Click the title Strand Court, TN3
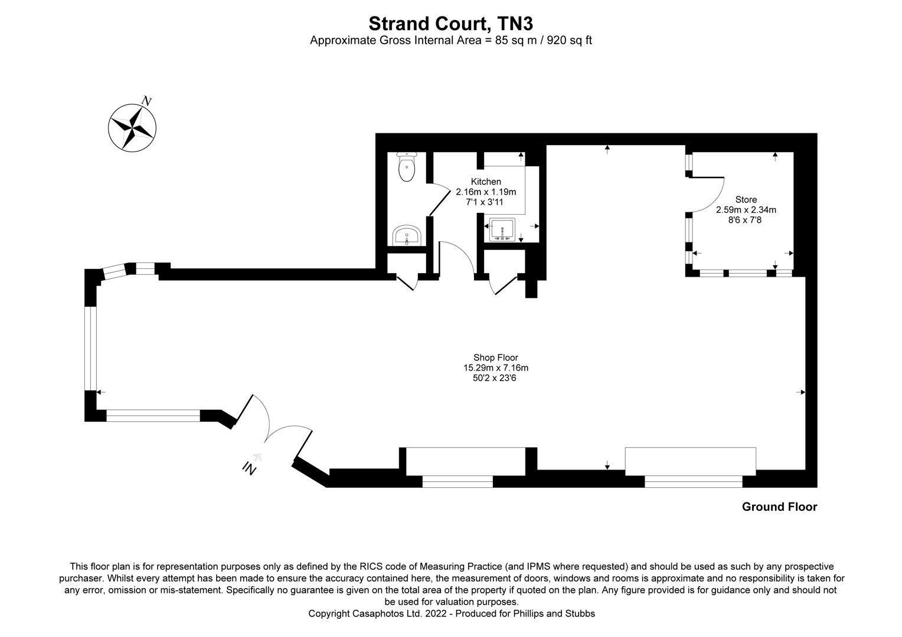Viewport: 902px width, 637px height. (450, 24)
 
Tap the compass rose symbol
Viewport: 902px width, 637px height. (132, 128)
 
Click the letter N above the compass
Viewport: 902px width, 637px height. (147, 101)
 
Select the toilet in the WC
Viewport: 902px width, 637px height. (407, 166)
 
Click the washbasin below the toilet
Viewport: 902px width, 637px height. (407, 235)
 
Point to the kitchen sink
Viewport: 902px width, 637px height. (502, 230)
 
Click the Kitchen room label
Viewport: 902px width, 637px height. (486, 182)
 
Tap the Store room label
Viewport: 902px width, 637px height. (746, 199)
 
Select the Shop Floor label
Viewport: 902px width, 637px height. (496, 357)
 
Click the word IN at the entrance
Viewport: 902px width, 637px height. (249, 468)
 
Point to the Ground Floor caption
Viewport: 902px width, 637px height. (780, 507)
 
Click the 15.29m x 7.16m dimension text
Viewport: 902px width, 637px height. (496, 367)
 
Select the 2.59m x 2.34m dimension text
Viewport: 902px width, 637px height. (746, 209)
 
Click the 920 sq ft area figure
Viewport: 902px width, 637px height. (569, 41)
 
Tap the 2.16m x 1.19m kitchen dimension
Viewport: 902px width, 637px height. (486, 192)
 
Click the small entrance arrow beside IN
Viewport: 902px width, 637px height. (257, 457)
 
